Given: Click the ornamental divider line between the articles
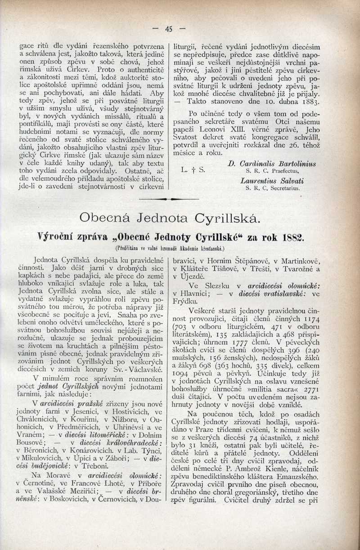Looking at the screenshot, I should point(169,198).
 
